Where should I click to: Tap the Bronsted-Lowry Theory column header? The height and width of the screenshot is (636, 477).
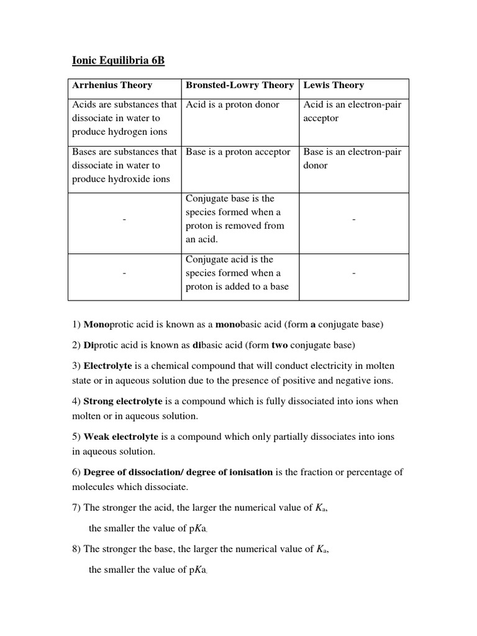(x=240, y=85)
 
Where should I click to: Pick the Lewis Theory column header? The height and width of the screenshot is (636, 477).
(x=334, y=85)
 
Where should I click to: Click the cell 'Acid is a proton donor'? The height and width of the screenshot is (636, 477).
(x=233, y=104)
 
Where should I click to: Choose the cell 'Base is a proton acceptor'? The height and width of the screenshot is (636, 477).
(x=238, y=152)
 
